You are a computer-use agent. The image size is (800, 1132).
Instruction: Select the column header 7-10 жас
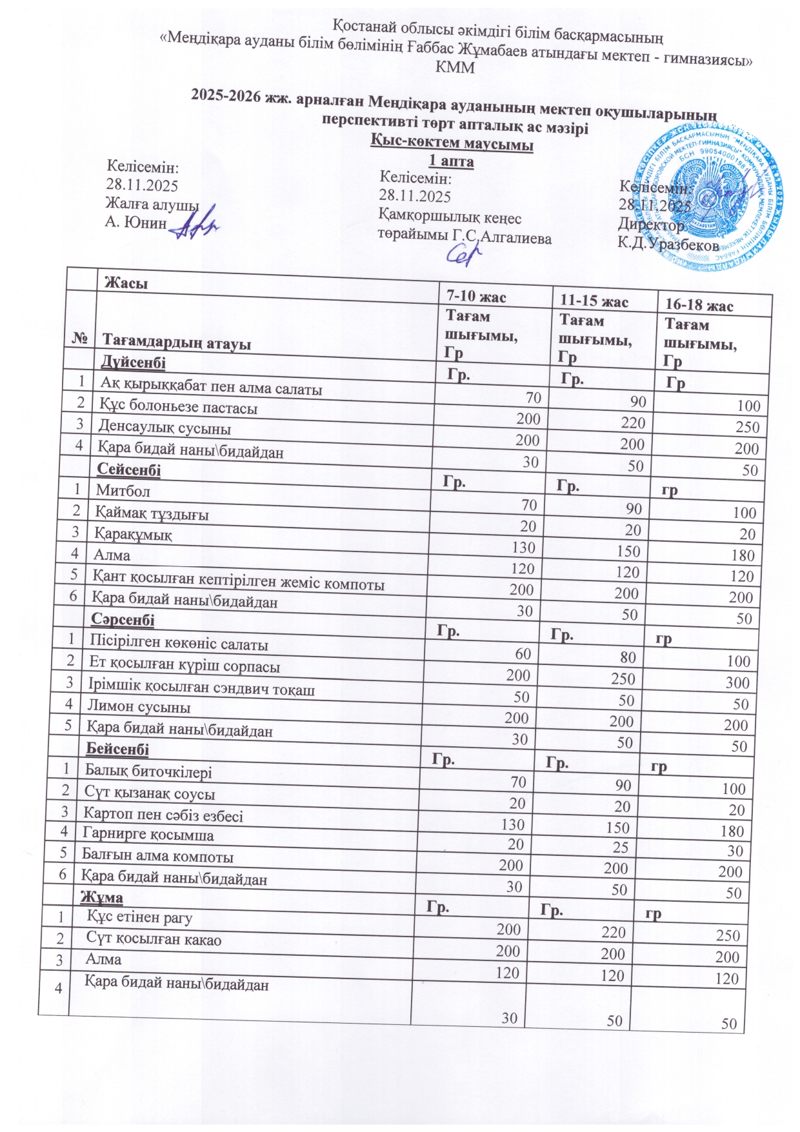[477, 297]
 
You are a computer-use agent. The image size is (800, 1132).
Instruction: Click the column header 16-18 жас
[699, 305]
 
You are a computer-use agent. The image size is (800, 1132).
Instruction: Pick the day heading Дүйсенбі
[133, 362]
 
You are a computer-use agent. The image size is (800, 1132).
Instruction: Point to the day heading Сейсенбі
[128, 470]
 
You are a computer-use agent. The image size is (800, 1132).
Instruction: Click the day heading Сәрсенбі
[123, 620]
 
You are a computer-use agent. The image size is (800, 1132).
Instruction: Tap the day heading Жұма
[101, 897]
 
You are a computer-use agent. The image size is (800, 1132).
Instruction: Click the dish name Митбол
[123, 490]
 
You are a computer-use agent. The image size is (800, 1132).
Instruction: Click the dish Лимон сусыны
[139, 707]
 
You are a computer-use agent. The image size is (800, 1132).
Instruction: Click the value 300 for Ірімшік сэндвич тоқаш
[737, 682]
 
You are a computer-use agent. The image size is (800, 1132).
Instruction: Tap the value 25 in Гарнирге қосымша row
[620, 847]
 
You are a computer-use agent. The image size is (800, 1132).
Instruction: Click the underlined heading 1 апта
[452, 161]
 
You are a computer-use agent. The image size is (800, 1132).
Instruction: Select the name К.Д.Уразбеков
[668, 244]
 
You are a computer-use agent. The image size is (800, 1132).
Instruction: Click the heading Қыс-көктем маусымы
[452, 144]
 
